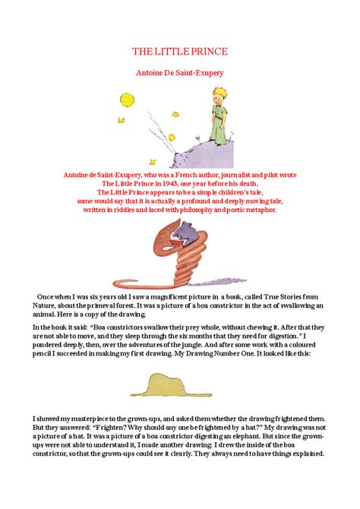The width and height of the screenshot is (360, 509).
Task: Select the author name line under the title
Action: (x=179, y=73)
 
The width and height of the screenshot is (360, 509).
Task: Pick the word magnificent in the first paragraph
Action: (x=153, y=296)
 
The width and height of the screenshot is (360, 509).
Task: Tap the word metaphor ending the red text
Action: (x=257, y=210)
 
